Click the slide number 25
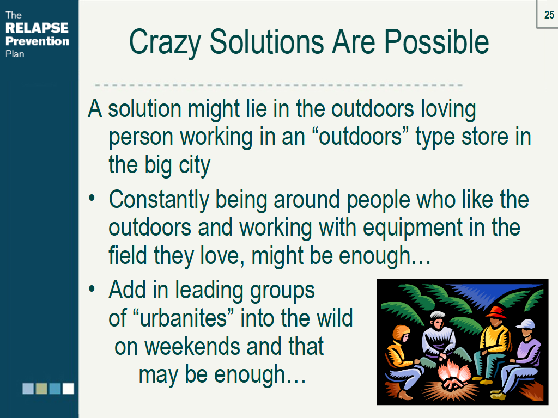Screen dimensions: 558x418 (549, 15)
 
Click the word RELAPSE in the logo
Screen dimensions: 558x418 (37, 28)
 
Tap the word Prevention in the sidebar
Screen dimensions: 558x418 (38, 41)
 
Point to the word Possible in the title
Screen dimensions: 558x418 (436, 41)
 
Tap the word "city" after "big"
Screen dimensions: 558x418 (195, 166)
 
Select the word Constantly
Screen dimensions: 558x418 (159, 200)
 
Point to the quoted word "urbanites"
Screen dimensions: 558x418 (183, 318)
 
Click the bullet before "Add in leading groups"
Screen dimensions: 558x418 (92, 288)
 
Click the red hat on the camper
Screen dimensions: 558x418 (496, 312)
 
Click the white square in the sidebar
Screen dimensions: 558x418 (68, 389)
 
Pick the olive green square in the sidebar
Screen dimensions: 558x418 (41, 389)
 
